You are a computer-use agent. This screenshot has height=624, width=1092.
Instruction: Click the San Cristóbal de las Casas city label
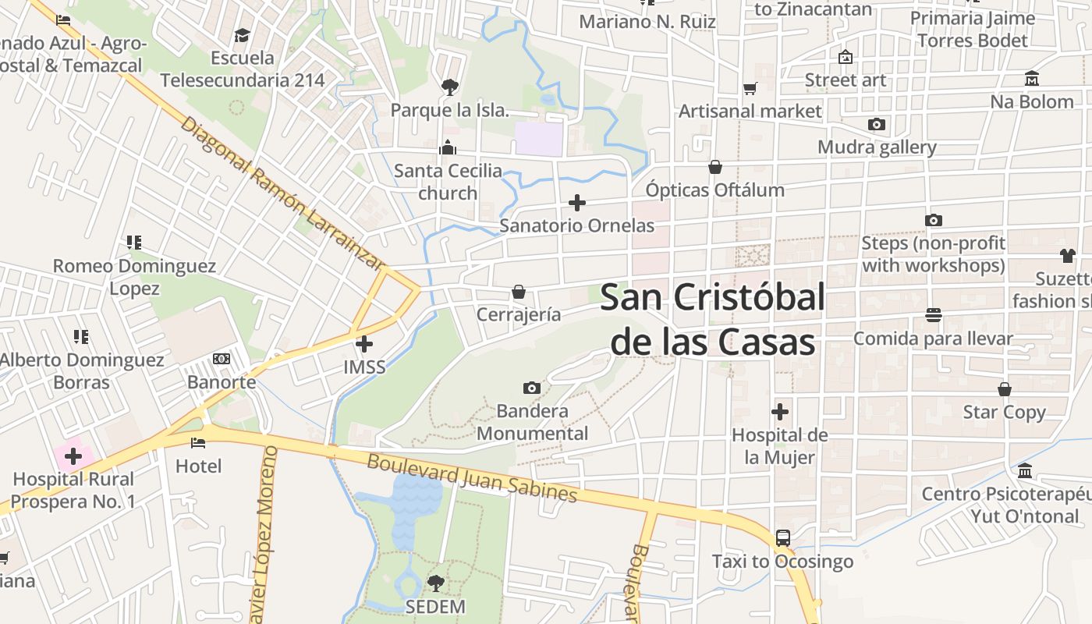pos(713,319)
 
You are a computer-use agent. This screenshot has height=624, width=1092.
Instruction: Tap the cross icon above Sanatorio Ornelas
pos(577,203)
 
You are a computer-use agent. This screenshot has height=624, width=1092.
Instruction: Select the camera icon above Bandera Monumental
pos(532,388)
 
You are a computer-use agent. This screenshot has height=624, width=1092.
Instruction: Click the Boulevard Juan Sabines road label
pos(472,478)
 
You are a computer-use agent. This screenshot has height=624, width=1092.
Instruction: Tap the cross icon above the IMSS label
pos(364,343)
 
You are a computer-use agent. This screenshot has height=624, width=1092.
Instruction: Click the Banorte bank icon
pos(222,359)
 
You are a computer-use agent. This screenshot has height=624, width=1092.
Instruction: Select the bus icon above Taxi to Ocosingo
pos(782,538)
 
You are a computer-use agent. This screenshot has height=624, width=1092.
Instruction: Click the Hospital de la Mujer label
pos(779,446)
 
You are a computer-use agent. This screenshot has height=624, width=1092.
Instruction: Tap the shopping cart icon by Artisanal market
pos(750,89)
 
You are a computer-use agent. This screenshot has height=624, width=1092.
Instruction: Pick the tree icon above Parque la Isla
pos(449,87)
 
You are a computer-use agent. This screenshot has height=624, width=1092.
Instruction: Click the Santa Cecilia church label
pos(448,182)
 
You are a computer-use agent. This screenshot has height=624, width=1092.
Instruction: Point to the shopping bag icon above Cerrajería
pos(519,292)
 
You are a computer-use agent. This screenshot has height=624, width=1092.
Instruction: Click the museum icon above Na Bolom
pos(1032,79)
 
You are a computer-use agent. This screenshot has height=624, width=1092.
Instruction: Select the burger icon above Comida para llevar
pos(933,315)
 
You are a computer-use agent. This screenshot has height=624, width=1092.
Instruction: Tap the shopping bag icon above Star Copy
pos(1005,388)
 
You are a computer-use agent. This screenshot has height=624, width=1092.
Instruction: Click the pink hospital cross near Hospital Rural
pos(73,456)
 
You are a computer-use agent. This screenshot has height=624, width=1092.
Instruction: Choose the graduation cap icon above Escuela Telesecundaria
pos(242,35)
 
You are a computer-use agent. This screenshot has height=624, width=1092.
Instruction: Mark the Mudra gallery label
pos(877,147)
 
